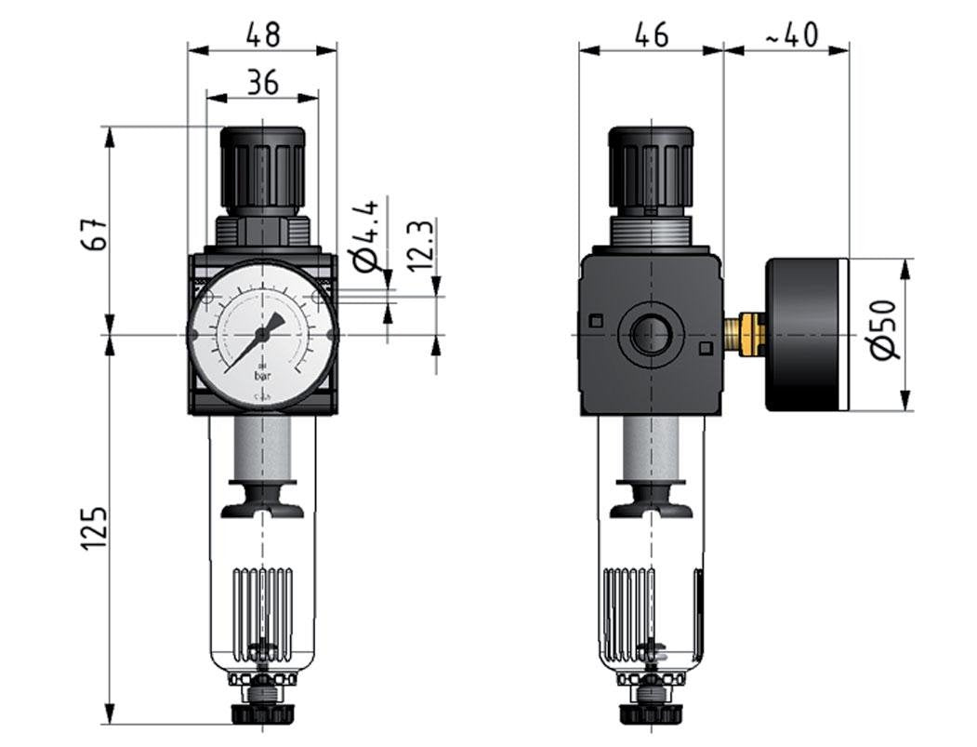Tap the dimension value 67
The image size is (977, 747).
(x=92, y=233)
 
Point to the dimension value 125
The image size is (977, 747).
(x=92, y=527)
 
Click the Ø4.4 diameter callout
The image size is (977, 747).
(x=368, y=233)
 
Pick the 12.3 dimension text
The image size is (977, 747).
(x=421, y=245)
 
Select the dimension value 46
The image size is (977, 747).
(x=651, y=36)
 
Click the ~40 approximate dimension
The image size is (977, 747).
(x=790, y=36)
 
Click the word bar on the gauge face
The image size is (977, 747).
(x=263, y=378)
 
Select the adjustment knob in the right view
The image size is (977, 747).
(x=650, y=167)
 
